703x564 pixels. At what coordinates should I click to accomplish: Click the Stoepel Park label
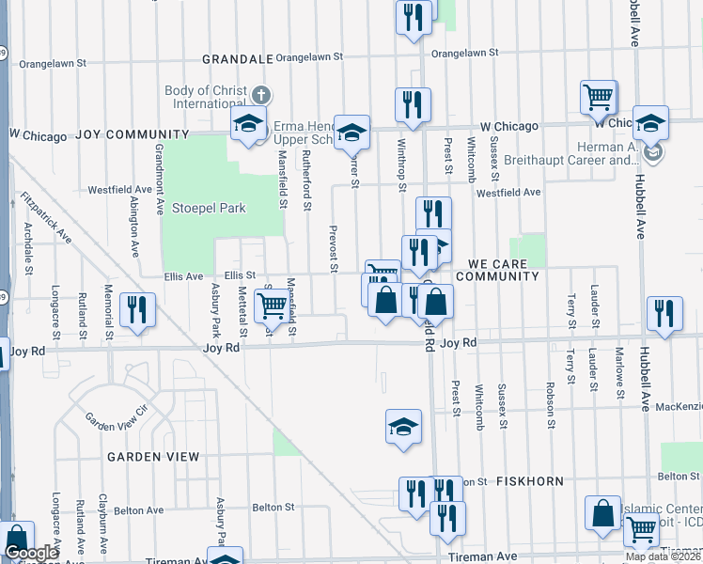coord(208,208)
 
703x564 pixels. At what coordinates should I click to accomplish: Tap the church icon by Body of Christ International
coord(260,96)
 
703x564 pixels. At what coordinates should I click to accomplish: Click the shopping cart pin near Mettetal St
coord(271,304)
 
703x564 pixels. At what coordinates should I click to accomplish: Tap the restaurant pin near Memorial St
coord(138,309)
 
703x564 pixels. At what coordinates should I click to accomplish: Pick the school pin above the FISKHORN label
coord(402,427)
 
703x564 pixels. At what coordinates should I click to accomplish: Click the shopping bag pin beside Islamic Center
coord(601,512)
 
